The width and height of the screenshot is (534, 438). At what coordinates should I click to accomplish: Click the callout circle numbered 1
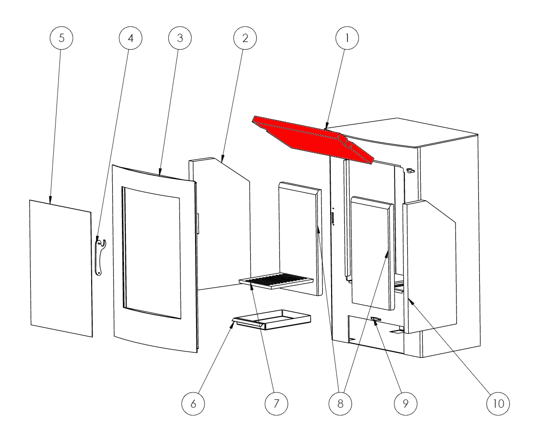pyautogui.click(x=347, y=38)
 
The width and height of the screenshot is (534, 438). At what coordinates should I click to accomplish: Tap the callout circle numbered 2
pyautogui.click(x=245, y=38)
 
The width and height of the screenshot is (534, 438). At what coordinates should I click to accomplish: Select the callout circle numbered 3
pyautogui.click(x=180, y=38)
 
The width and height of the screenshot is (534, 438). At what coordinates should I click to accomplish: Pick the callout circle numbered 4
pyautogui.click(x=130, y=38)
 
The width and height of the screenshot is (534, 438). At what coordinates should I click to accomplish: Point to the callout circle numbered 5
pyautogui.click(x=61, y=38)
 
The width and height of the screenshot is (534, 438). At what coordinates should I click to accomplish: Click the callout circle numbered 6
pyautogui.click(x=193, y=403)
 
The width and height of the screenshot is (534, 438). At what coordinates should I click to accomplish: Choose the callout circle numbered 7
pyautogui.click(x=276, y=403)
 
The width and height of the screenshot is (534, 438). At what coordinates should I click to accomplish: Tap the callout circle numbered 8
pyautogui.click(x=340, y=403)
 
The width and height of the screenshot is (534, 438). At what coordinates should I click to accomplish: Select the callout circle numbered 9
pyautogui.click(x=405, y=403)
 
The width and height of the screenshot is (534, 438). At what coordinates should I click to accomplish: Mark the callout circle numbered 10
pyautogui.click(x=498, y=403)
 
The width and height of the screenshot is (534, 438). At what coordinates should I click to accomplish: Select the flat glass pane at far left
pyautogui.click(x=61, y=268)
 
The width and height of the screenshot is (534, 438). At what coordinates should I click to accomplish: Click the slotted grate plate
pyautogui.click(x=276, y=281)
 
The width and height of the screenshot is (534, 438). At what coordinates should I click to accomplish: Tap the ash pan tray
pyautogui.click(x=272, y=320)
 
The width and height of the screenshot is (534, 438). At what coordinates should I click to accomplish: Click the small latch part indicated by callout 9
pyautogui.click(x=376, y=319)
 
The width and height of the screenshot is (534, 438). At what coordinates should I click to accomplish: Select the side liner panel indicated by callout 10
pyautogui.click(x=430, y=267)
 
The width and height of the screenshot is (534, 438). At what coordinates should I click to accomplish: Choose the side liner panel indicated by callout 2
pyautogui.click(x=219, y=224)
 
